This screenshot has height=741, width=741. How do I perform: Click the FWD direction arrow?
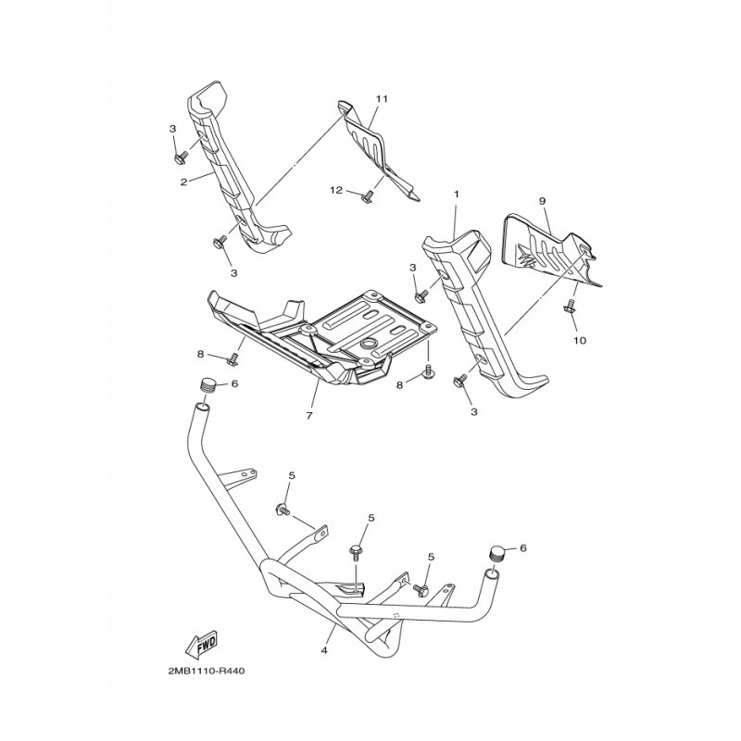tap(202, 644)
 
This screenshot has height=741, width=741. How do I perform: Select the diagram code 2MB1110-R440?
tap(207, 671)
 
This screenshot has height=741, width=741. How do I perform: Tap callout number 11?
tap(382, 99)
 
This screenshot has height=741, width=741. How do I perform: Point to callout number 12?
tap(336, 191)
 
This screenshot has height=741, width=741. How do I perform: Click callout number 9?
tap(542, 201)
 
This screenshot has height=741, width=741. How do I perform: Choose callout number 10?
tap(580, 340)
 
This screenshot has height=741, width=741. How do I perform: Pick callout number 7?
tap(309, 416)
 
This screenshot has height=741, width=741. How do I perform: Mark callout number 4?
tap(324, 651)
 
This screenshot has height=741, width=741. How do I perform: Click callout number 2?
tap(183, 181)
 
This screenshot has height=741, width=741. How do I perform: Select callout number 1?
tap(457, 195)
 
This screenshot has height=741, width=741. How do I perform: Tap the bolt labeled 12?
tap(366, 196)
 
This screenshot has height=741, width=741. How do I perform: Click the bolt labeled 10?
tap(570, 305)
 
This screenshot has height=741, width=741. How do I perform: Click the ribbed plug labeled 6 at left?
tap(205, 384)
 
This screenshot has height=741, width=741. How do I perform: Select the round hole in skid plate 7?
tap(367, 344)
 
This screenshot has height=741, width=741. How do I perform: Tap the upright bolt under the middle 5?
tap(356, 552)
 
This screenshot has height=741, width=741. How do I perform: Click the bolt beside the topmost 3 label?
tap(181, 158)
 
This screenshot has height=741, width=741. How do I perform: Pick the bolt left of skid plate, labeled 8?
tap(232, 359)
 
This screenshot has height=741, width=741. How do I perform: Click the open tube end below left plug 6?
tap(201, 407)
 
